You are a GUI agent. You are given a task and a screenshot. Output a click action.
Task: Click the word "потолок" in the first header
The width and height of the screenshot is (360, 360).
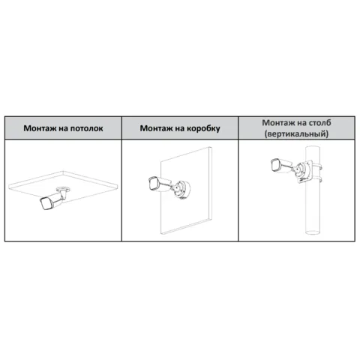[x=86, y=128]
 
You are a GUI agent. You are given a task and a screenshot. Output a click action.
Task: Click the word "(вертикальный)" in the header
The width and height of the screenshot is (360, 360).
[x=296, y=134]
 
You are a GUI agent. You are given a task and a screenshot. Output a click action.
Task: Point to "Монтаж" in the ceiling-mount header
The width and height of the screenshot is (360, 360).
[x=40, y=128]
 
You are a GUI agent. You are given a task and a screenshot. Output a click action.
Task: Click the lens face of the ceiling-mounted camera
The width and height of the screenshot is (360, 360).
[x=44, y=203]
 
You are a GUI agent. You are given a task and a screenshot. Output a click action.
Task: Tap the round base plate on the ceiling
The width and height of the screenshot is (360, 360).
[x=63, y=189]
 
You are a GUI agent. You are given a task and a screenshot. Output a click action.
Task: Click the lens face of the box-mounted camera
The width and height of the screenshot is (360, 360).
[x=152, y=184]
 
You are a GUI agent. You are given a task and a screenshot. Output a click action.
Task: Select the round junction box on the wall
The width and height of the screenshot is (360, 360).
[x=182, y=189]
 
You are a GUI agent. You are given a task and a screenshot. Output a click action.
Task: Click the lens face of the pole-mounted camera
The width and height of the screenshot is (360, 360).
[x=274, y=166]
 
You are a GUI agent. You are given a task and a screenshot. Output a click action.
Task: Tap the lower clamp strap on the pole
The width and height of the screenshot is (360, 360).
[x=316, y=179]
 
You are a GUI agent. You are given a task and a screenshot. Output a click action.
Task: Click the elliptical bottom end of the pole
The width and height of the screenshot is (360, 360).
[x=313, y=231]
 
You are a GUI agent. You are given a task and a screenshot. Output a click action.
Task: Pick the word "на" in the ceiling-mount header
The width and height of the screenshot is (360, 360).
[x=63, y=129]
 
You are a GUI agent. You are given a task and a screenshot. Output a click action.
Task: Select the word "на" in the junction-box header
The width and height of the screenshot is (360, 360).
[x=180, y=129]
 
